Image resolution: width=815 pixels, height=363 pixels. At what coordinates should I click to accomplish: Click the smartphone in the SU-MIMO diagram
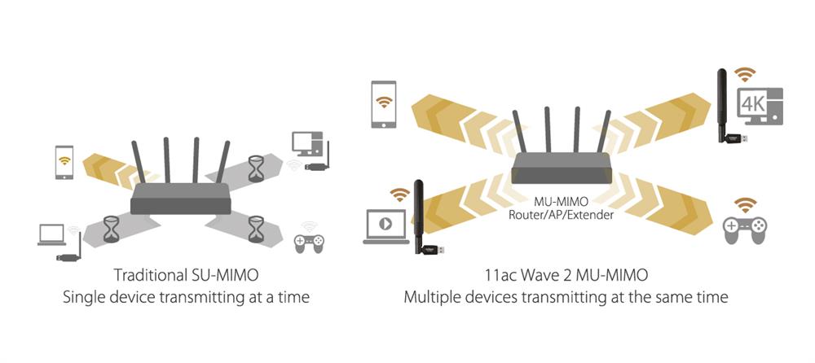[64, 163]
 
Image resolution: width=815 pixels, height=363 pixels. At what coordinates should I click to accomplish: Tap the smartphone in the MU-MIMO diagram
[383, 103]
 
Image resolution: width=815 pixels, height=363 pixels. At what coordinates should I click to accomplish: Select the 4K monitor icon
[760, 107]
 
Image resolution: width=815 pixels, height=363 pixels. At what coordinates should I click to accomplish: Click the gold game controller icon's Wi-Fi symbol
[745, 204]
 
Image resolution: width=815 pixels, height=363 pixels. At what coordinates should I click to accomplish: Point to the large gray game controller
[745, 230]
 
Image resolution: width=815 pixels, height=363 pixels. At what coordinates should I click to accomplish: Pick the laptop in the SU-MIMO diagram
[51, 234]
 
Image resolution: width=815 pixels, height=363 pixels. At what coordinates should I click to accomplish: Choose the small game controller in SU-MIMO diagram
[308, 241]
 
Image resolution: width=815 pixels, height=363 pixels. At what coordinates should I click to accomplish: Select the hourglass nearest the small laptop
[111, 228]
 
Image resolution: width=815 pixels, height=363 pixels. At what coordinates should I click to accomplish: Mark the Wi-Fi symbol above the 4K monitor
[744, 75]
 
